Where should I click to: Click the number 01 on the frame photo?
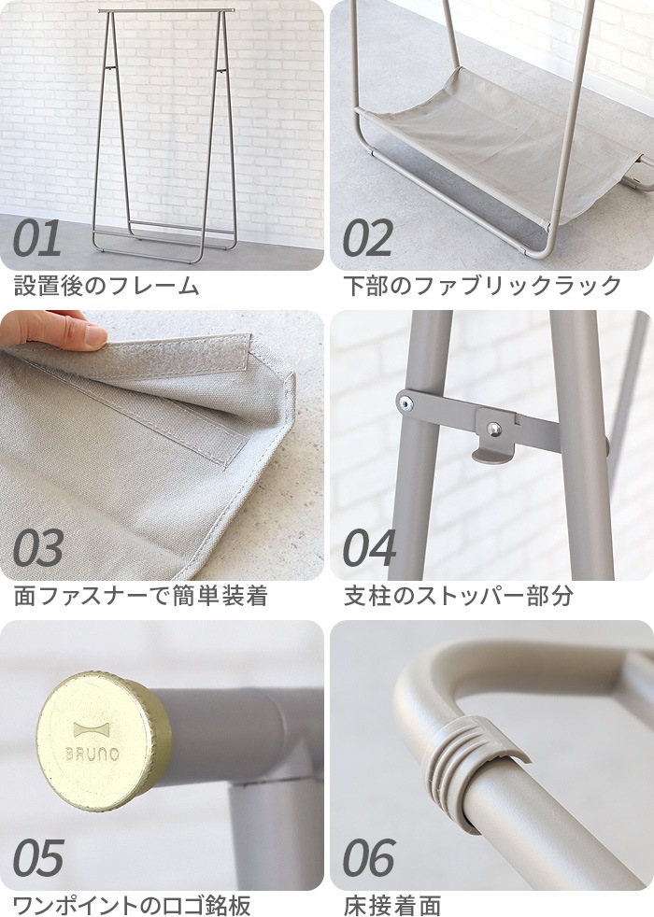(x=37, y=240)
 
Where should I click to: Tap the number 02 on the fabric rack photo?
(x=367, y=240)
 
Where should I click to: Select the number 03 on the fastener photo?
(x=38, y=550)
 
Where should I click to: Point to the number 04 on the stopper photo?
(x=369, y=550)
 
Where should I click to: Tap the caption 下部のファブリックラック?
(x=482, y=287)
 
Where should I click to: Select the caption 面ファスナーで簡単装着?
(x=140, y=596)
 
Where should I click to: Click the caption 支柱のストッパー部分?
(x=458, y=596)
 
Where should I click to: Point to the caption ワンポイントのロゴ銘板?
(x=132, y=905)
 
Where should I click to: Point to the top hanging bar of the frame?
(x=164, y=11)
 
